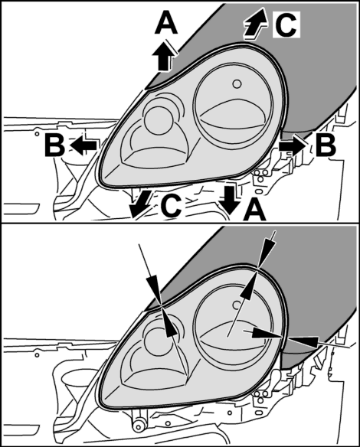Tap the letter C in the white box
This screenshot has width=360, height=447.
(286, 24)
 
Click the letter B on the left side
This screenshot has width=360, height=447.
(55, 145)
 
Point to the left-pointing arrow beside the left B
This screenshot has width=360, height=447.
(83, 145)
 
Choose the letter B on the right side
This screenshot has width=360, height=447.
(326, 145)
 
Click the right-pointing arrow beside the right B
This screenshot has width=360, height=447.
(293, 145)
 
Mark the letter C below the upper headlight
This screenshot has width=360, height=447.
(171, 205)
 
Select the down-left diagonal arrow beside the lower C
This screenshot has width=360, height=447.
(139, 204)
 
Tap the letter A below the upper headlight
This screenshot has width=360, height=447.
(254, 210)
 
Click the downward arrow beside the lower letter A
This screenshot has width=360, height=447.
(230, 200)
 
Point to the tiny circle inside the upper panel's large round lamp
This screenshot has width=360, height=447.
(237, 84)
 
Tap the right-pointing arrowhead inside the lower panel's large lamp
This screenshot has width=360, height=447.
(266, 333)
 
